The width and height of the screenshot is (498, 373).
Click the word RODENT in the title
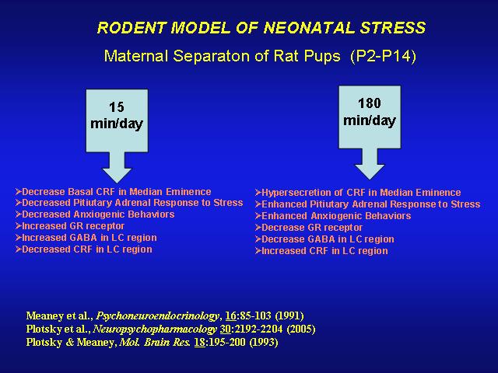point(132,28)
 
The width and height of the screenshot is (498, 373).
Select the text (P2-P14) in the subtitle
point(384,56)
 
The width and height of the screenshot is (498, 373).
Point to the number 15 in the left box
point(117,107)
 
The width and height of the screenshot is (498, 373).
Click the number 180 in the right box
point(370,103)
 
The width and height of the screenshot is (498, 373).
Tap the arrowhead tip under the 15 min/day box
point(117,183)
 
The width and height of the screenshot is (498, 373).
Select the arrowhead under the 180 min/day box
point(370,172)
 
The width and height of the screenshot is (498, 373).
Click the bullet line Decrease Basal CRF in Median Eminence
point(114,192)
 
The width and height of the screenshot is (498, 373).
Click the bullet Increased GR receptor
point(70,226)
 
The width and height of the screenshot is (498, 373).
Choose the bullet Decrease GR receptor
point(309,228)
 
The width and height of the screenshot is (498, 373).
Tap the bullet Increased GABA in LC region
point(86,238)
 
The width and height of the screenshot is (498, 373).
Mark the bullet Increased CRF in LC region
point(321,251)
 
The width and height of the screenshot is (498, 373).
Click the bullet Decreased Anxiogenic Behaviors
point(95,214)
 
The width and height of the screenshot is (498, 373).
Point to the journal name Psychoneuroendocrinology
point(157,316)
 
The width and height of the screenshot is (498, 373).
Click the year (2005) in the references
point(301,329)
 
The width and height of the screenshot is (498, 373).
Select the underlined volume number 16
point(230,316)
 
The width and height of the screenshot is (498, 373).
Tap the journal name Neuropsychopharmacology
point(156,329)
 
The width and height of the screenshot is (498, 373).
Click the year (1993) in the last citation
point(264,342)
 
